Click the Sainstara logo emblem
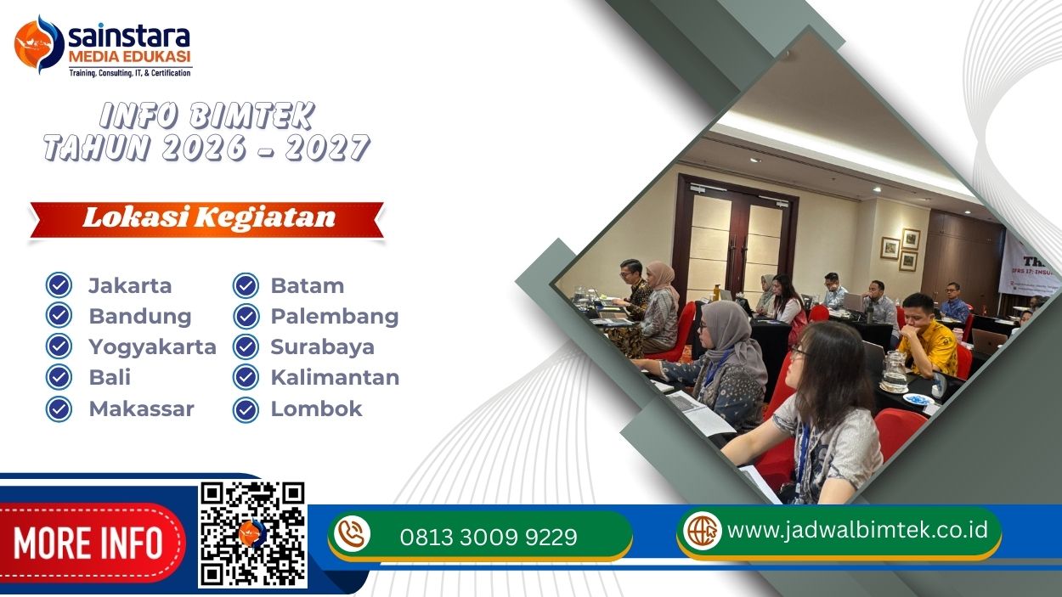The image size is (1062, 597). [x=39, y=45]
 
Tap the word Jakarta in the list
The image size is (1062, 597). [x=130, y=285]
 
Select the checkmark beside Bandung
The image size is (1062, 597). [x=59, y=316]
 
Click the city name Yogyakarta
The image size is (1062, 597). [x=152, y=346]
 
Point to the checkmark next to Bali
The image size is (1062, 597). [x=59, y=377]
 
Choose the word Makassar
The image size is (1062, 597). [x=141, y=408]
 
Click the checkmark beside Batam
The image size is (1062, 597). [x=246, y=285]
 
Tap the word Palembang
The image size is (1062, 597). [x=334, y=316]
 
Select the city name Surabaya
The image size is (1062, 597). [x=322, y=346]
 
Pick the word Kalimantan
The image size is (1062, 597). [x=335, y=377]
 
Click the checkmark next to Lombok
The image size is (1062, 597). [x=246, y=409]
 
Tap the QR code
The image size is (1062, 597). [x=252, y=534]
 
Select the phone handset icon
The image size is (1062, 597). [x=352, y=534]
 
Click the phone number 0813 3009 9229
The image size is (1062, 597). [x=488, y=538]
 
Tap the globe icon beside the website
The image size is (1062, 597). [x=703, y=531]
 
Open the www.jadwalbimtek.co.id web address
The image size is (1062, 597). [x=857, y=530]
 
